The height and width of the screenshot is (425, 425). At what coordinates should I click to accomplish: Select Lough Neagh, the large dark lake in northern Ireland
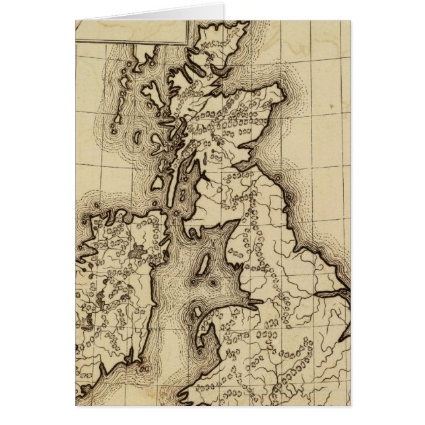(138, 251)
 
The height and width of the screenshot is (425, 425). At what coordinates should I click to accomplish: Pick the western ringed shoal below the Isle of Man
(193, 282)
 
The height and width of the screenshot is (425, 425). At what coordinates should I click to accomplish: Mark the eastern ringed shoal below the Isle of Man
(212, 283)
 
